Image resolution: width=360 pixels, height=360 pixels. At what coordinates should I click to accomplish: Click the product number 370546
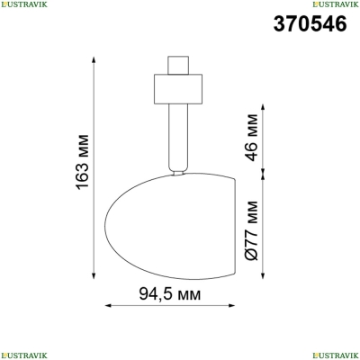click(x=310, y=24)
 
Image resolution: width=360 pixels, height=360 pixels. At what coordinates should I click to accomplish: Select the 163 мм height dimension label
click(x=83, y=162)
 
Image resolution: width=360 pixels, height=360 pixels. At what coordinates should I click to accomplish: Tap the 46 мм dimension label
click(x=251, y=138)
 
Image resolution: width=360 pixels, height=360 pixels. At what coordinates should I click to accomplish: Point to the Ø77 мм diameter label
click(x=251, y=230)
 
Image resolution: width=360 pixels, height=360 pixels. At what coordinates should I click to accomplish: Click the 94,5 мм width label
click(x=170, y=294)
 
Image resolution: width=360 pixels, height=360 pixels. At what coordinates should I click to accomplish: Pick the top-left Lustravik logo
click(x=23, y=4)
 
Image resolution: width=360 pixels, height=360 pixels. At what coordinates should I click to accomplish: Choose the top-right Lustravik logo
click(x=336, y=4)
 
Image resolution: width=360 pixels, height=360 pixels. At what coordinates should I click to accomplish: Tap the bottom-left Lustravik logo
click(x=23, y=355)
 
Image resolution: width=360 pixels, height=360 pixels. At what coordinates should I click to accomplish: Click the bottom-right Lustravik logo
click(x=336, y=355)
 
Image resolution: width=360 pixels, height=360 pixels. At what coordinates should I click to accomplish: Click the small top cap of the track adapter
click(x=178, y=65)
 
